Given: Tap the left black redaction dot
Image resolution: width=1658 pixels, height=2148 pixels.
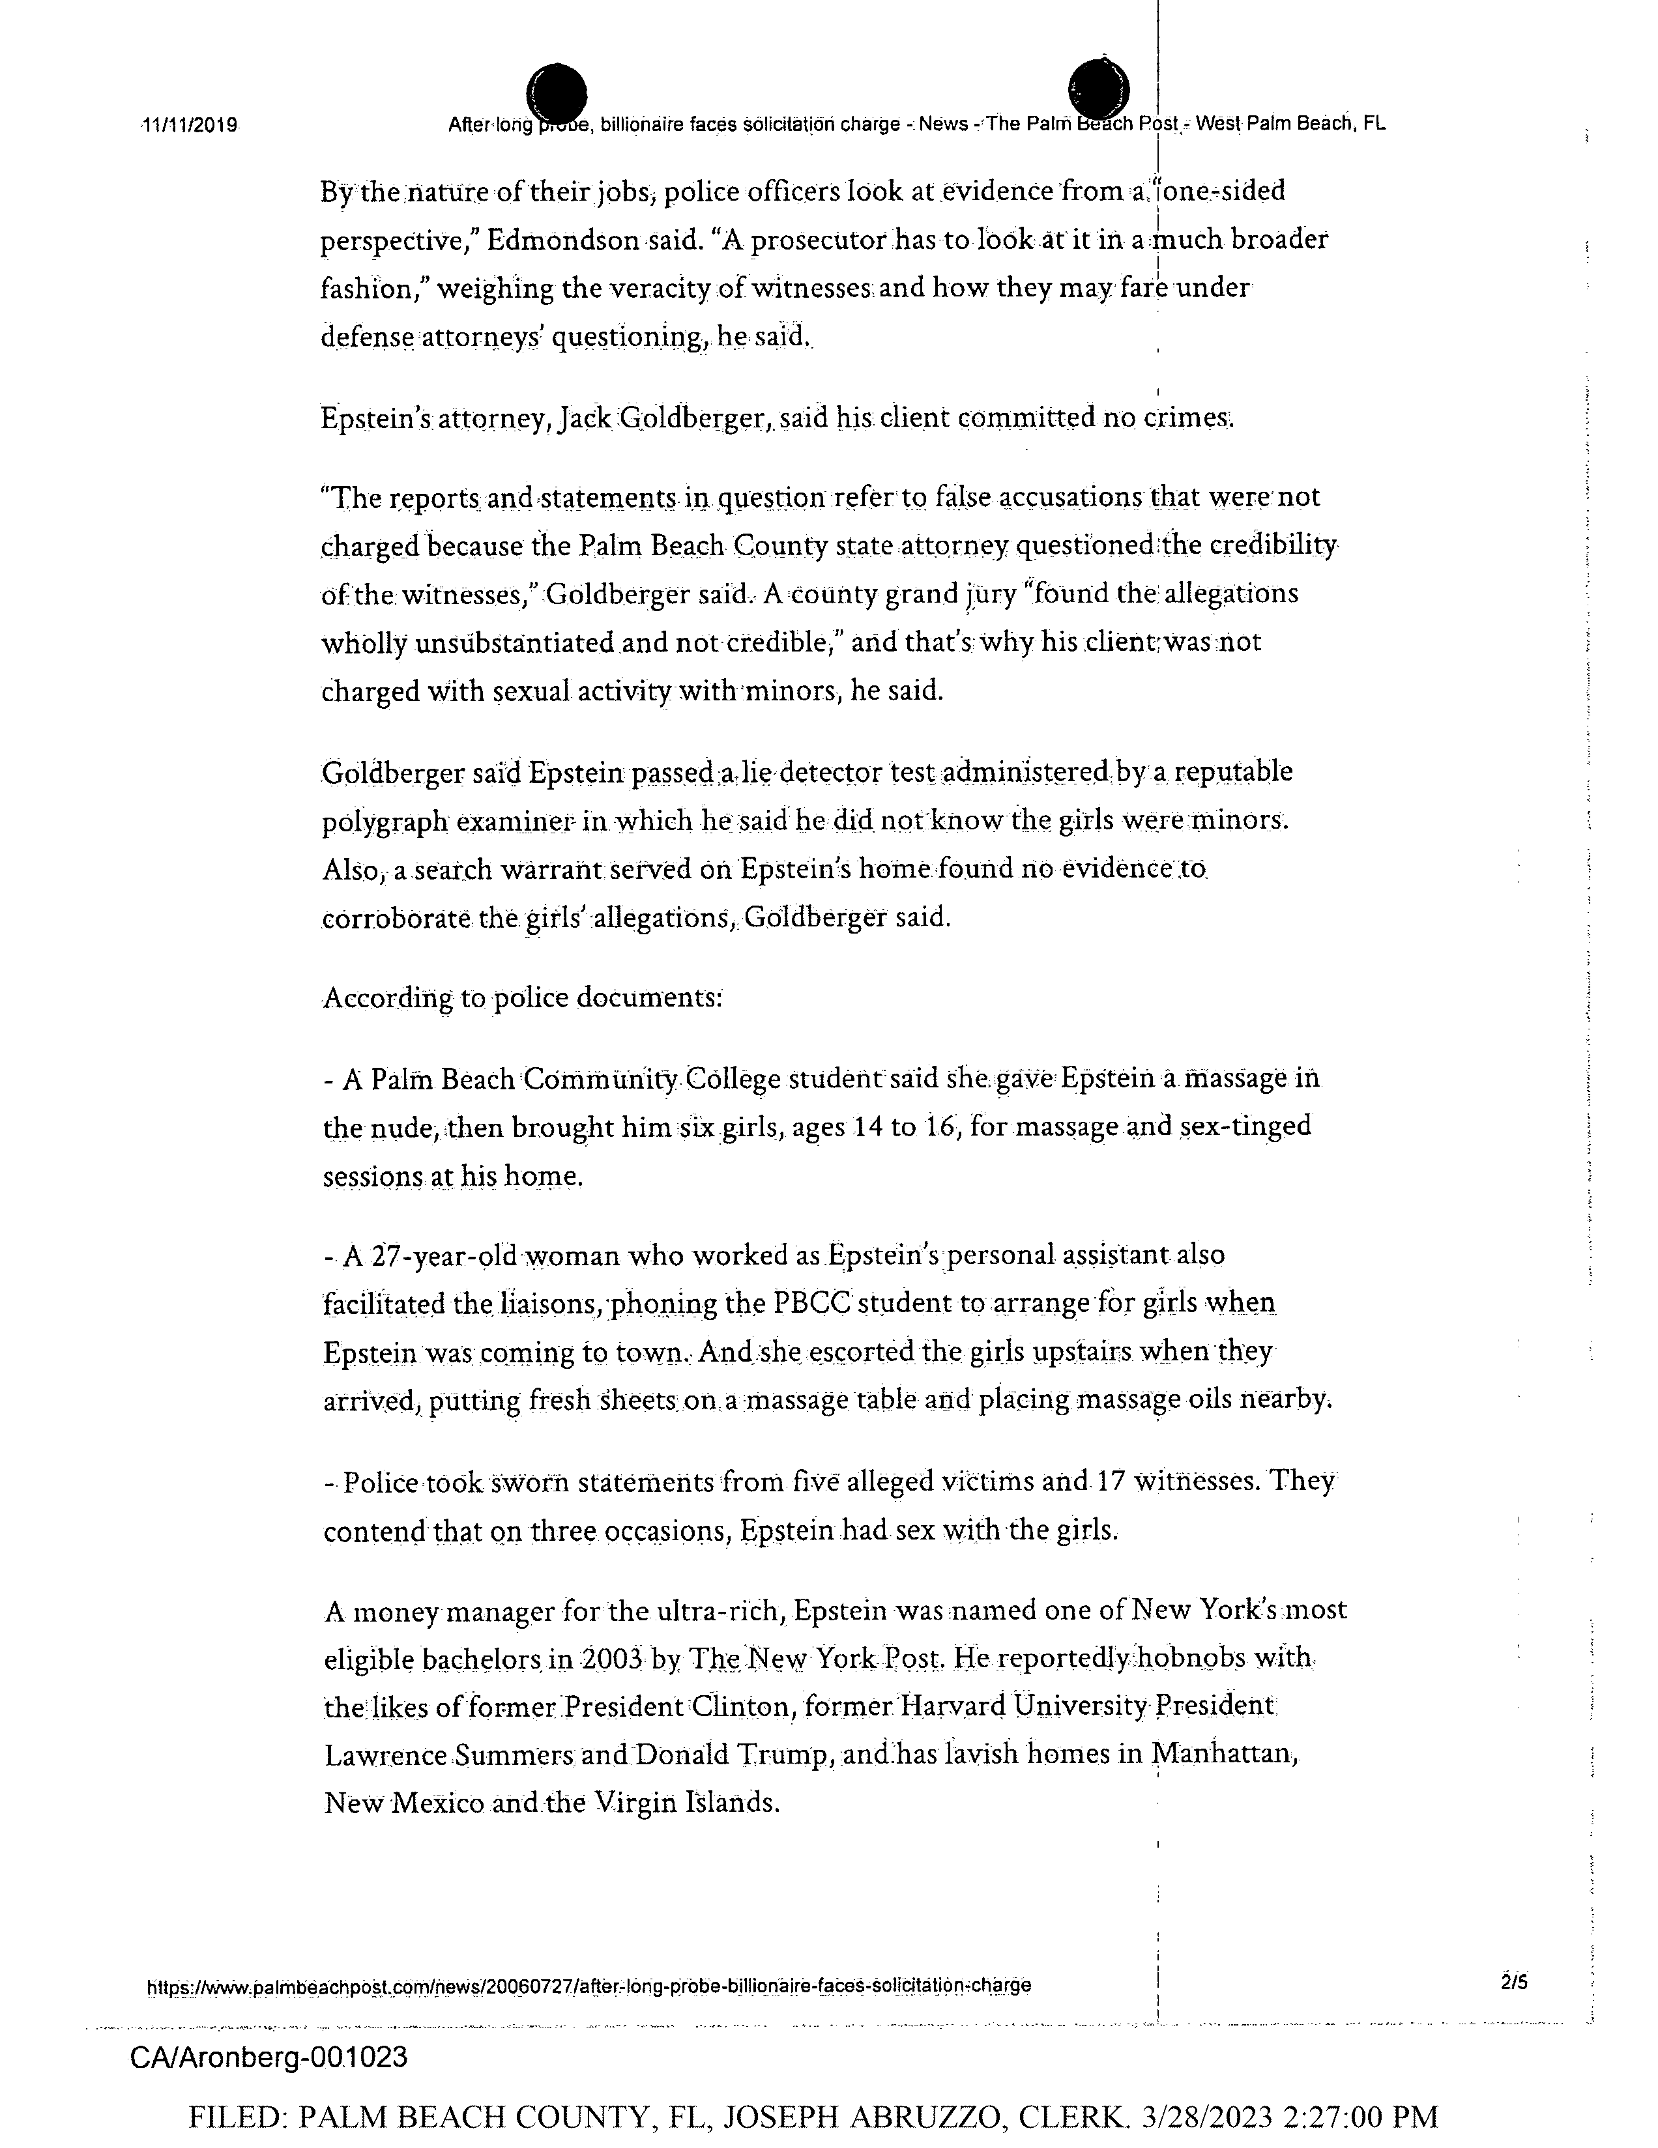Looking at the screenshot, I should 557,95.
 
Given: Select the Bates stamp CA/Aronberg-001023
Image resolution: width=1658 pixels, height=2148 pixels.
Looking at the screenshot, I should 269,2057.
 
